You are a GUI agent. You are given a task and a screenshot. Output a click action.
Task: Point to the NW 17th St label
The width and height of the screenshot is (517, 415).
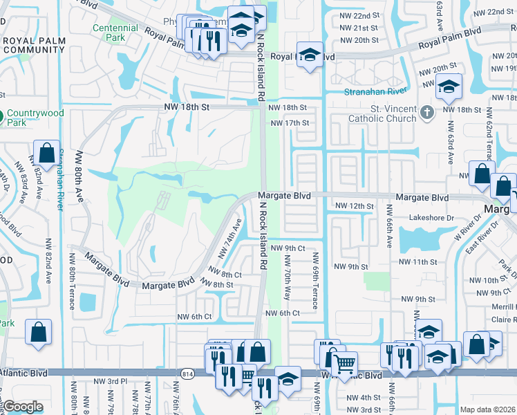pos(289,123)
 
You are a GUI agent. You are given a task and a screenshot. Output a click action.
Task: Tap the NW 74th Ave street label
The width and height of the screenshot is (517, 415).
pos(230,239)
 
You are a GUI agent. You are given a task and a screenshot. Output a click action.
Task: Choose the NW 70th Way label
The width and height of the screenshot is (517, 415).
pos(287,277)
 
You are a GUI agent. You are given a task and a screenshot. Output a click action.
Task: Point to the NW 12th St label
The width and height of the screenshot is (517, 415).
pos(354,206)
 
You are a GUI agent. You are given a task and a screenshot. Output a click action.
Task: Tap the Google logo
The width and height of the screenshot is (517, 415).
pos(22,407)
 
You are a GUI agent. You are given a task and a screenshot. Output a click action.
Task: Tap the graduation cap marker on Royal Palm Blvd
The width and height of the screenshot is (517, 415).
pos(310,55)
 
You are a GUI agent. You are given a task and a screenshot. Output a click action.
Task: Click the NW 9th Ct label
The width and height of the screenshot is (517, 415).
pos(288,248)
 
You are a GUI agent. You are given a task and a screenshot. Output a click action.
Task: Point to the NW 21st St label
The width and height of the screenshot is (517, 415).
pos(365,28)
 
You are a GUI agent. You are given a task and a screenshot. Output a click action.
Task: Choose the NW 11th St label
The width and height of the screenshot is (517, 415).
pos(423,262)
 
